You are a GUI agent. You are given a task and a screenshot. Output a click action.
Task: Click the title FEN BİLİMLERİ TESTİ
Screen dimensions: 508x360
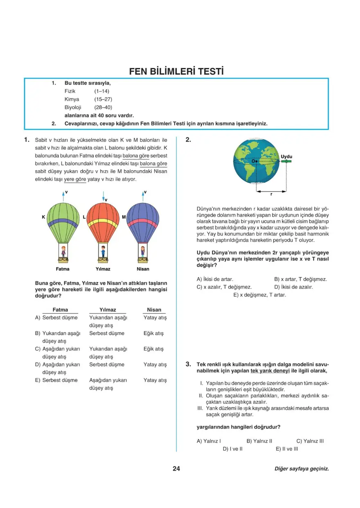[x=176, y=72]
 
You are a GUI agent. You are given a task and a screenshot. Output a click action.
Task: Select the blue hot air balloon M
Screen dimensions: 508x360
[x=143, y=223]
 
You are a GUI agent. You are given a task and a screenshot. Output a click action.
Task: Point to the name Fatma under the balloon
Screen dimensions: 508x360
[x=63, y=269]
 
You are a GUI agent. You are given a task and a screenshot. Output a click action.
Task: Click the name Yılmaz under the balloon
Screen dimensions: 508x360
[x=103, y=269]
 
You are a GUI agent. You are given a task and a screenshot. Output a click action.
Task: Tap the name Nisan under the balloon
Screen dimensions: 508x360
[x=143, y=269]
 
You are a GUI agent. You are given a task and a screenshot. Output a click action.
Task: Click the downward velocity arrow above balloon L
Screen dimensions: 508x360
[x=103, y=196]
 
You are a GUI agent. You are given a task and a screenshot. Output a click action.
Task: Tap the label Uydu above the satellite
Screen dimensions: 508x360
[x=287, y=156]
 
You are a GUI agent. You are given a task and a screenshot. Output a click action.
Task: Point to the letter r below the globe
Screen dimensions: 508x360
[x=271, y=195]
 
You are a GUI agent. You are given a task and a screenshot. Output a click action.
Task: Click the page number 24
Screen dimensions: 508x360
[x=176, y=468]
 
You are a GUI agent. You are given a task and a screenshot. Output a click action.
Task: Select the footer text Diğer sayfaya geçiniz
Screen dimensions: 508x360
[x=302, y=469]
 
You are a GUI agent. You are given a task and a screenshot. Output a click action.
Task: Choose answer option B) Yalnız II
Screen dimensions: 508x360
[x=259, y=441]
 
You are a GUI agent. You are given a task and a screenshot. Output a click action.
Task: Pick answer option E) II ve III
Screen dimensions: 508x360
[x=287, y=449]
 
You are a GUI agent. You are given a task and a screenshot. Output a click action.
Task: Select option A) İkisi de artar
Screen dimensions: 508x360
[x=215, y=279]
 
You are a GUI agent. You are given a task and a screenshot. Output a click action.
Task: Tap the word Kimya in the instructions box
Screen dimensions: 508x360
[x=72, y=99]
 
